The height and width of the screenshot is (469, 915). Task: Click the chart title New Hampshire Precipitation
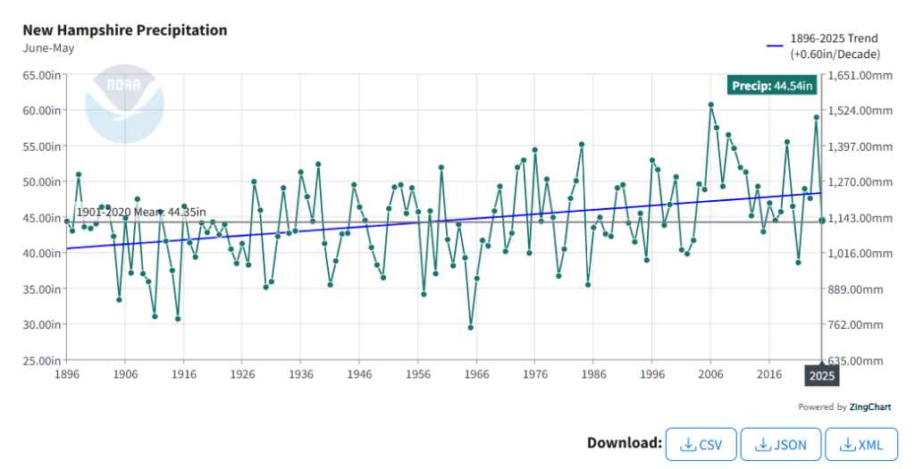point(125,30)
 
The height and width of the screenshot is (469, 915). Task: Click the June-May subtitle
point(48,48)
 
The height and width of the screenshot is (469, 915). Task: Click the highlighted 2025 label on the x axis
point(821,376)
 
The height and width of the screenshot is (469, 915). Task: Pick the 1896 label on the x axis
point(66,376)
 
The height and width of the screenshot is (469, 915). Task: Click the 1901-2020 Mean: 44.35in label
point(140,212)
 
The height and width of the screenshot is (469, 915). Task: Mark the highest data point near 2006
point(710,105)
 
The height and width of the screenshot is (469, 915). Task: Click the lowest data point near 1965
point(470,328)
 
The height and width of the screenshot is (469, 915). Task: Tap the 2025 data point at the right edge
point(821,220)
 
